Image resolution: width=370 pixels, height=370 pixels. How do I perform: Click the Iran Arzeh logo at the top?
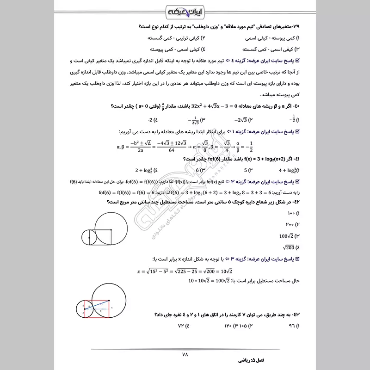tap(185, 11)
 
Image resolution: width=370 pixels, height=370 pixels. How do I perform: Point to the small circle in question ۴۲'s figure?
tap(89, 237)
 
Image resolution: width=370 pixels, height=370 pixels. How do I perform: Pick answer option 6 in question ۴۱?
tap(195, 170)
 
